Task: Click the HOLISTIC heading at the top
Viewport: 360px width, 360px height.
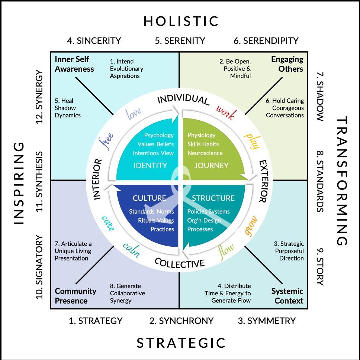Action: pyautogui.click(x=181, y=21)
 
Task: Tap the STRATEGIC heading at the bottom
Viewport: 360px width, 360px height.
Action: pyautogui.click(x=181, y=343)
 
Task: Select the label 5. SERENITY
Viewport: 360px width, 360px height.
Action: pyautogui.click(x=180, y=40)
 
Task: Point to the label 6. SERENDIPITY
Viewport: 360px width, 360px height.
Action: pyautogui.click(x=266, y=40)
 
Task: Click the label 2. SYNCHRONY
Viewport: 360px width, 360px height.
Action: pyautogui.click(x=181, y=321)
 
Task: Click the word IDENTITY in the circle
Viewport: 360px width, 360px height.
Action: pyautogui.click(x=150, y=166)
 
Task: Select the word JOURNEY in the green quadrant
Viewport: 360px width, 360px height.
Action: pyautogui.click(x=211, y=166)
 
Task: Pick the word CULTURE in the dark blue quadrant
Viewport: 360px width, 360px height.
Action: pyautogui.click(x=150, y=198)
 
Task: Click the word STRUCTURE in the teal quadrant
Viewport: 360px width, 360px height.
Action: pyautogui.click(x=213, y=198)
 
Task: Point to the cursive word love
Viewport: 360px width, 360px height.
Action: pyautogui.click(x=134, y=113)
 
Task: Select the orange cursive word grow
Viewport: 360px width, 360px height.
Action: pyautogui.click(x=251, y=225)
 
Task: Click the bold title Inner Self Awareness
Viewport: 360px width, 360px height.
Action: pyautogui.click(x=74, y=64)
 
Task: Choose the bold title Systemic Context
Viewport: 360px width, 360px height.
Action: pyautogui.click(x=287, y=296)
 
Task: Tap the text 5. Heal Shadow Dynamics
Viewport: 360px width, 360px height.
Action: pyautogui.click(x=68, y=108)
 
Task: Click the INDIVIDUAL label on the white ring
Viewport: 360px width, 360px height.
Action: pyautogui.click(x=183, y=100)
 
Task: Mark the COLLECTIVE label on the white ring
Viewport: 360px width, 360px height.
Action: pyautogui.click(x=179, y=263)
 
